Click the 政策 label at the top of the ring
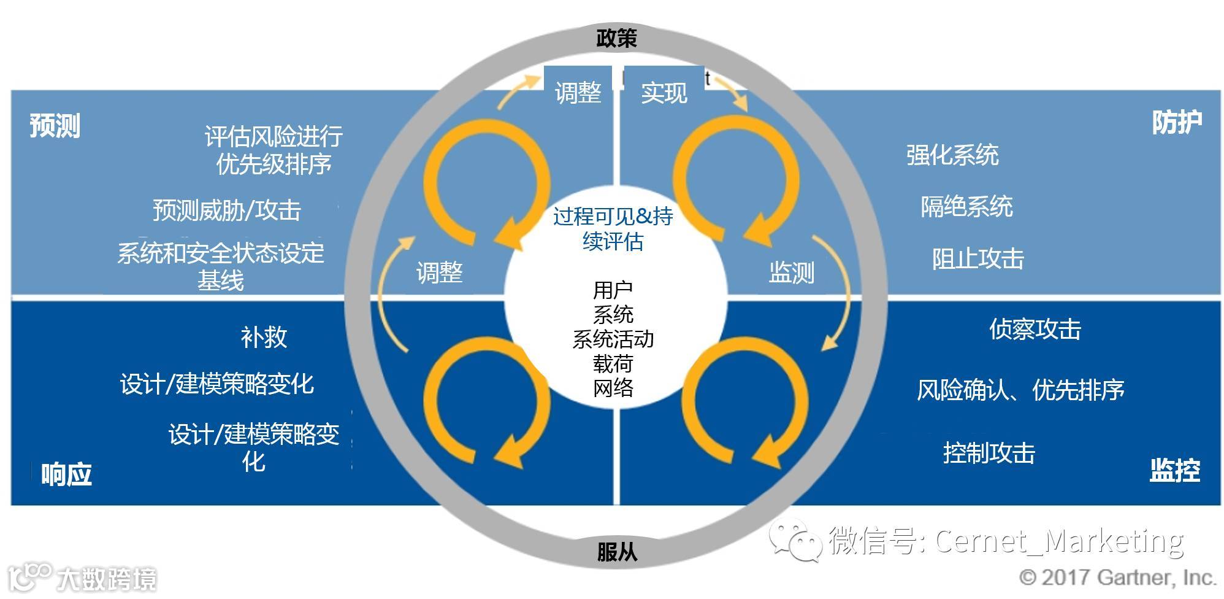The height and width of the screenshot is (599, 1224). pos(616,38)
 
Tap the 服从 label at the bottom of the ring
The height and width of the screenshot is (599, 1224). pos(616,552)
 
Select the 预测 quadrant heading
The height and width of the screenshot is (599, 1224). pos(55,126)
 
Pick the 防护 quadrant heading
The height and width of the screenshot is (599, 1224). pos(1177,123)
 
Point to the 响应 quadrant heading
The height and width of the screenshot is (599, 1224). pos(66,474)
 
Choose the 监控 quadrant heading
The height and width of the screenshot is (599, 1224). pos(1174,471)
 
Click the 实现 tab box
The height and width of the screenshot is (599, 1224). pos(664,93)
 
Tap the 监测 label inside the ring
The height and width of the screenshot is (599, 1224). pos(791,272)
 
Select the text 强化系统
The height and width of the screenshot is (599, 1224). pos(952,155)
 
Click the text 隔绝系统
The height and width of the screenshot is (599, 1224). pos(966,207)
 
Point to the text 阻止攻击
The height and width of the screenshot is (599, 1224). pos(977,259)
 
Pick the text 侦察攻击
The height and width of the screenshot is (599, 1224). pos(1035,330)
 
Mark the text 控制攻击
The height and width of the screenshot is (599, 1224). pos(989,453)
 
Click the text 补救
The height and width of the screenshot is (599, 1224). pos(264,337)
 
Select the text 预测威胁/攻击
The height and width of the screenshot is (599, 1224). pos(227,211)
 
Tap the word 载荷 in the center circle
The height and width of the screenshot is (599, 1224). pos(613,364)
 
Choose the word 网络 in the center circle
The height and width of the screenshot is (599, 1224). pos(613,388)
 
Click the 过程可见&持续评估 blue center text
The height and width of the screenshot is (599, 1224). pos(613,229)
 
